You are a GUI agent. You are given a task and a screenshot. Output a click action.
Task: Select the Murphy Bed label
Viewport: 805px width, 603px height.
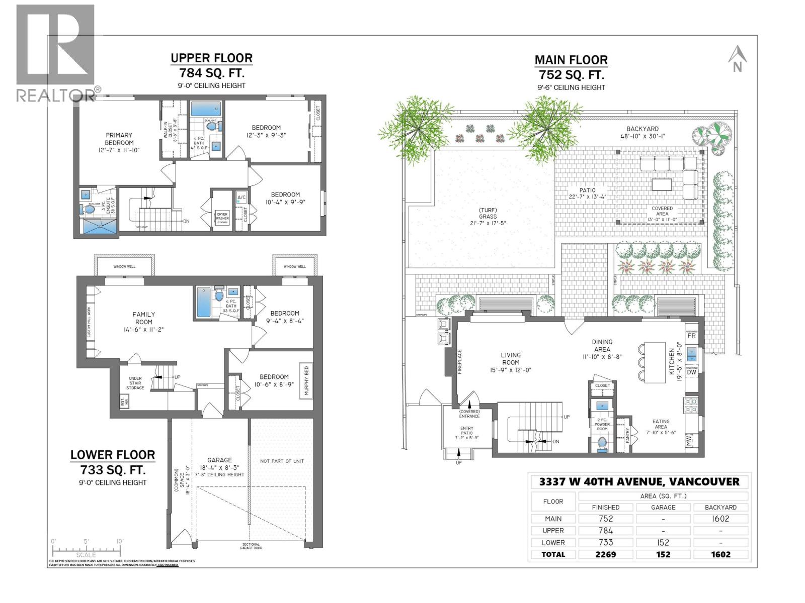coord(306,380)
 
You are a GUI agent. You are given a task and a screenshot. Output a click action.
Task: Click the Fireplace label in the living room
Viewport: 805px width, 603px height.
coord(459,362)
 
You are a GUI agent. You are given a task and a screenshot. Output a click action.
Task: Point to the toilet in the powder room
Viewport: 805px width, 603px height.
coord(602,444)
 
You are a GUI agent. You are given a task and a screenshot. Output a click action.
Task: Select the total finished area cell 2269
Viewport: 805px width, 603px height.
coord(606,554)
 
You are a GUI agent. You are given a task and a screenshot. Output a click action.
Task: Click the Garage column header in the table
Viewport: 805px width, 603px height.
coord(663,507)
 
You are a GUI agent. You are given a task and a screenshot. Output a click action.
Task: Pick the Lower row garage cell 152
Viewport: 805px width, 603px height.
coord(663,542)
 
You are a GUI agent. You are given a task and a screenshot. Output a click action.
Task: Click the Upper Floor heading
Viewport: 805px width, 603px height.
coord(211,58)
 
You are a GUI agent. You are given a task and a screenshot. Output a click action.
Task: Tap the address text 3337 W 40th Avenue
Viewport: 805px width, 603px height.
coord(639,481)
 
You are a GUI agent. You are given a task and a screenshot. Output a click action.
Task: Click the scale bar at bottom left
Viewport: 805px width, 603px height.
coord(87,549)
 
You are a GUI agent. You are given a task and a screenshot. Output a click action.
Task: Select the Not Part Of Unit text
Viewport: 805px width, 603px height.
coord(282,461)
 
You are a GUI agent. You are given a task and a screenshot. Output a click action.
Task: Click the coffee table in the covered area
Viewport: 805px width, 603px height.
coord(662,184)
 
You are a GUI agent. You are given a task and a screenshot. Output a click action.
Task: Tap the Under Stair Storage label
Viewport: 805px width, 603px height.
coord(135,383)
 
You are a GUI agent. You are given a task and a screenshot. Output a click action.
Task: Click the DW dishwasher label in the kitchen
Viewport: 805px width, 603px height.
coord(691,372)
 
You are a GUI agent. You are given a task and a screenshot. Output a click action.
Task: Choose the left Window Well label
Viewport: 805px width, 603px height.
coord(124,266)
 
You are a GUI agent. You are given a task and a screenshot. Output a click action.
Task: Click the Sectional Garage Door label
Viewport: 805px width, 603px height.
coord(251,546)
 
